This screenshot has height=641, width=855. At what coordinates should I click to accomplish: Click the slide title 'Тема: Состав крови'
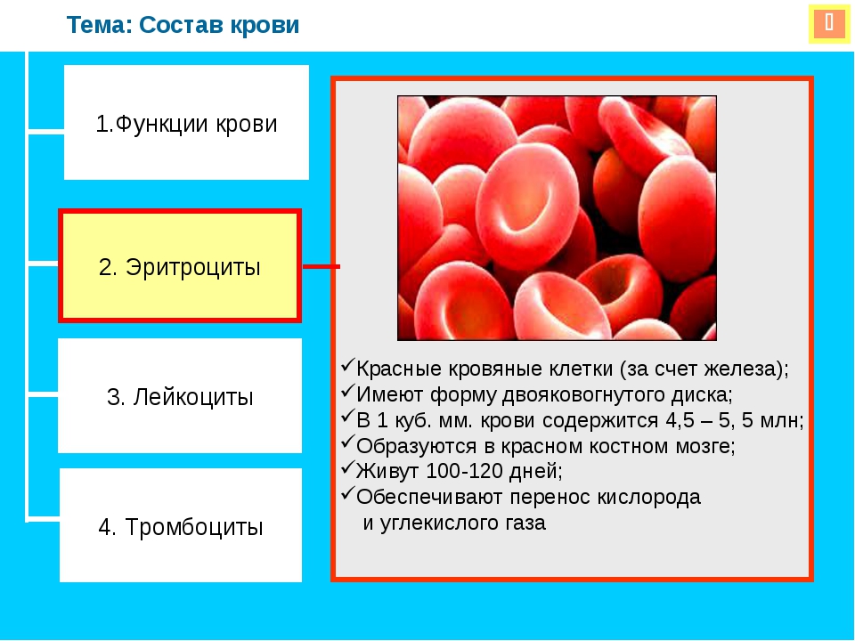[183, 25]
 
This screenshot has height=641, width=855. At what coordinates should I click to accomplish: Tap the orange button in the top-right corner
[829, 23]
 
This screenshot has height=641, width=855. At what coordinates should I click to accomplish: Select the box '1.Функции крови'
[186, 123]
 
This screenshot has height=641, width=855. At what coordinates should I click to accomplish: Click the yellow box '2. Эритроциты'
[180, 266]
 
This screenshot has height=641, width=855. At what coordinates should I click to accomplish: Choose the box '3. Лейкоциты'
[180, 395]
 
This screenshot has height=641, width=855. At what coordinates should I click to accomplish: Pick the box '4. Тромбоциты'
[181, 525]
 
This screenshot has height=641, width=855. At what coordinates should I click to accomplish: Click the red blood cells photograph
[557, 218]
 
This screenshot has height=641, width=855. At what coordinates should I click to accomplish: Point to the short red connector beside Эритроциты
[322, 266]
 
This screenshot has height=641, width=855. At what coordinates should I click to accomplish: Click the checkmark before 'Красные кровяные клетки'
[347, 366]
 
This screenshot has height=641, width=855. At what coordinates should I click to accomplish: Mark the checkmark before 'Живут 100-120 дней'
[347, 467]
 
